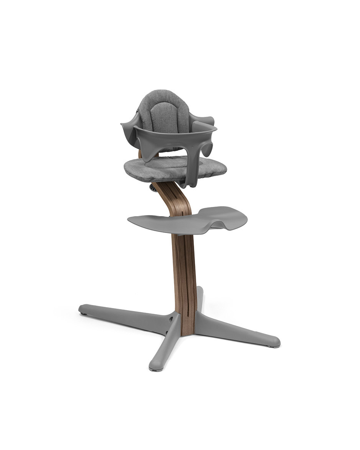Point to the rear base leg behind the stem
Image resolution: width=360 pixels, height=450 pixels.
[x=200, y=298]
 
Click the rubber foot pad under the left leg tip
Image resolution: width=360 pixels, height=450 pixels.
[x=83, y=313]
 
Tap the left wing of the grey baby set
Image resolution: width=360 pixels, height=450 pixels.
[x=130, y=131]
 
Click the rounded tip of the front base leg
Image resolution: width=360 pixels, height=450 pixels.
[x=154, y=367]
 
